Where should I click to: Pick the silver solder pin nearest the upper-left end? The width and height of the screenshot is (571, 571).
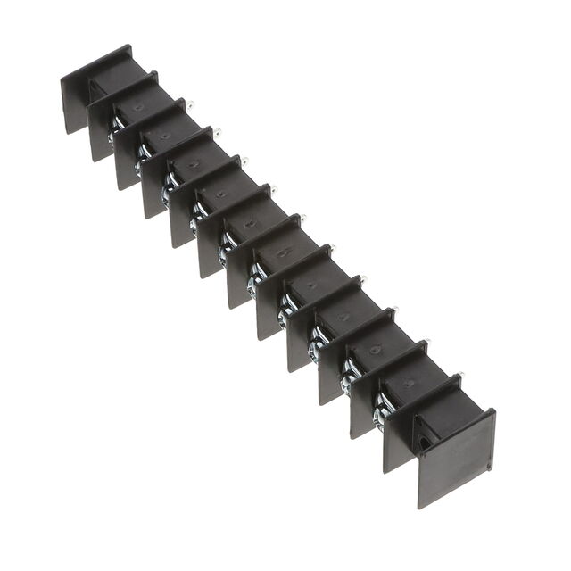[190, 105]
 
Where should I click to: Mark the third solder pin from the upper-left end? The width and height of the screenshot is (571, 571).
[244, 161]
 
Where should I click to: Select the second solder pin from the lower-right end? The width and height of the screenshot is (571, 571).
[426, 342]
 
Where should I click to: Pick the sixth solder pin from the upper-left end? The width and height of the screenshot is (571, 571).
[331, 247]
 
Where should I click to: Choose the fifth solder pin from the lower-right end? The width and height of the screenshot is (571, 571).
[331, 247]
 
